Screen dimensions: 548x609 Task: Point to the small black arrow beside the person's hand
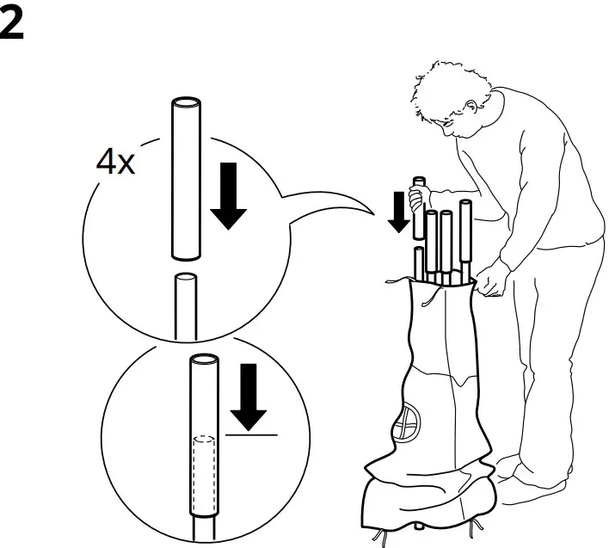(397, 213)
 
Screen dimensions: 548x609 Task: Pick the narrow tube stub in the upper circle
(184, 305)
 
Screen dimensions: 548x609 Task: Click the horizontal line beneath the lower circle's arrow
(251, 435)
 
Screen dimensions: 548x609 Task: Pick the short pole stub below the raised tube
(417, 262)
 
